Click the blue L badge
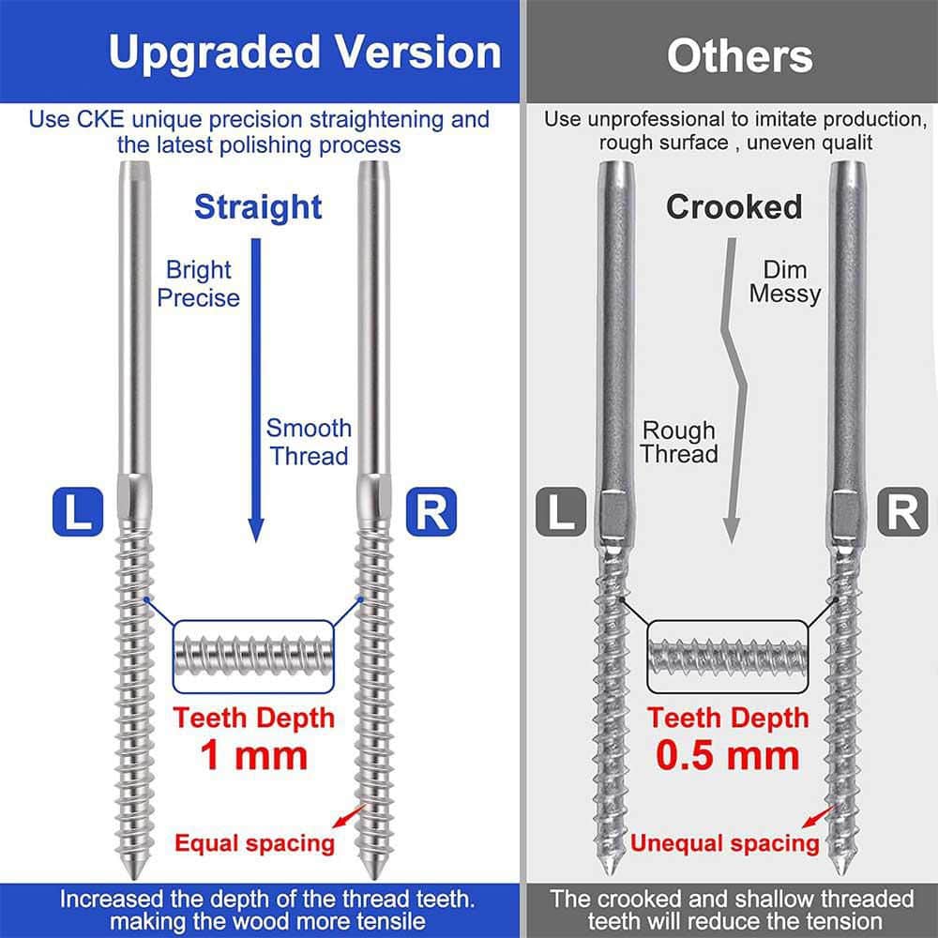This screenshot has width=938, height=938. (x=78, y=511)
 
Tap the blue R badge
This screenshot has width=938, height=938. (x=431, y=511)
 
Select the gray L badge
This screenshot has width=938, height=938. (x=561, y=511)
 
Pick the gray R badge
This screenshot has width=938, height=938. (x=902, y=511)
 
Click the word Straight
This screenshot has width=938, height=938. (x=259, y=207)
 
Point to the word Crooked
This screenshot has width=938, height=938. (x=734, y=207)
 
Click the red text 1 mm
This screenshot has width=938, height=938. (x=253, y=755)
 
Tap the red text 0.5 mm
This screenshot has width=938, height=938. (x=728, y=755)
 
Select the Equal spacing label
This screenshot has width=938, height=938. (x=254, y=843)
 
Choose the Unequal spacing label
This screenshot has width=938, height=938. (x=724, y=843)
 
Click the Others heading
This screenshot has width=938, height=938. (x=740, y=56)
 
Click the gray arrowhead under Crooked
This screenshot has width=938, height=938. (x=731, y=531)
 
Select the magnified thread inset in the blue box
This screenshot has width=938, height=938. (x=253, y=657)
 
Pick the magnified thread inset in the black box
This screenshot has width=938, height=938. (x=728, y=657)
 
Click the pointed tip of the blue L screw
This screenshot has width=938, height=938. (x=133, y=877)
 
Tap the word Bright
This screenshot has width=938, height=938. (x=198, y=270)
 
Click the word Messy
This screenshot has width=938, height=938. (x=785, y=295)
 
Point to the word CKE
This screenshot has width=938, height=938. (x=100, y=119)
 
